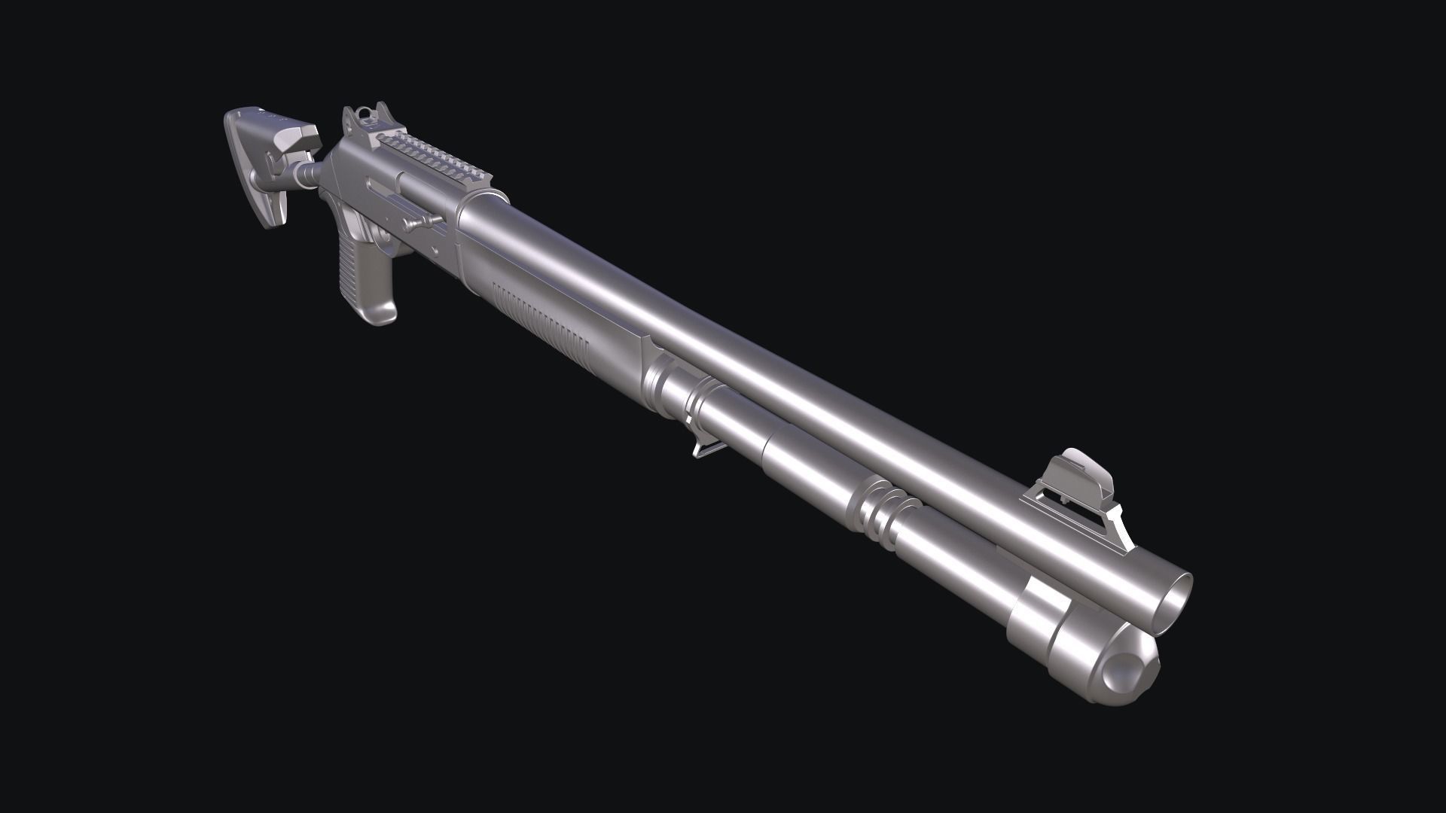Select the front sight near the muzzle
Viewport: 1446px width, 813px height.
coord(1078,470)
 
